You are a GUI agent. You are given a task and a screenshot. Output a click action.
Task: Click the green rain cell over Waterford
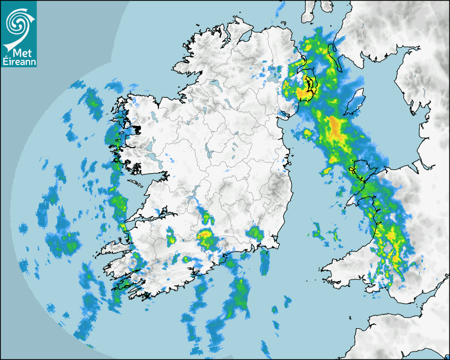[x=256, y=233]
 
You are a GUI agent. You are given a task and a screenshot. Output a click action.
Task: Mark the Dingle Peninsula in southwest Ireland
[x=114, y=246]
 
